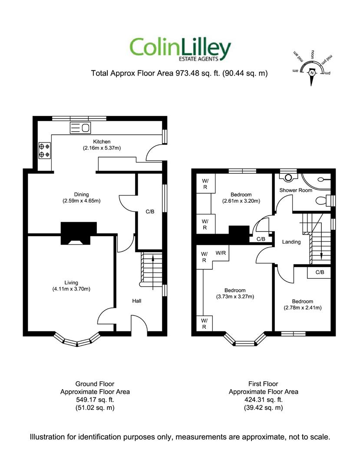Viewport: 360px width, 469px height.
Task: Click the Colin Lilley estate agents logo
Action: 180,49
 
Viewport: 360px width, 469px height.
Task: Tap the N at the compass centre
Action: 311,73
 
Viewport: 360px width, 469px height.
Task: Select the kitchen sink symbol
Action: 80,127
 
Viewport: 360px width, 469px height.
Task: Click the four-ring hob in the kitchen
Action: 44,150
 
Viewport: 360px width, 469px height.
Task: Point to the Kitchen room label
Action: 102,142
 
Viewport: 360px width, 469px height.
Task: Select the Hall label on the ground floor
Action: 137,301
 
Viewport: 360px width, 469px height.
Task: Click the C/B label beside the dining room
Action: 150,212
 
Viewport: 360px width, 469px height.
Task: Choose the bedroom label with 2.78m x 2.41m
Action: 302,301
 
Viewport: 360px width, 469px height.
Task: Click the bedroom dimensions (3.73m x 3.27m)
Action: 234,297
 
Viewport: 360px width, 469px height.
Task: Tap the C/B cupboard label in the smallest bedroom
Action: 320,272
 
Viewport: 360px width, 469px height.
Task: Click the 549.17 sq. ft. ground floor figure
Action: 95,400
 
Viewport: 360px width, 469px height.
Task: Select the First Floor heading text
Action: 263,384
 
